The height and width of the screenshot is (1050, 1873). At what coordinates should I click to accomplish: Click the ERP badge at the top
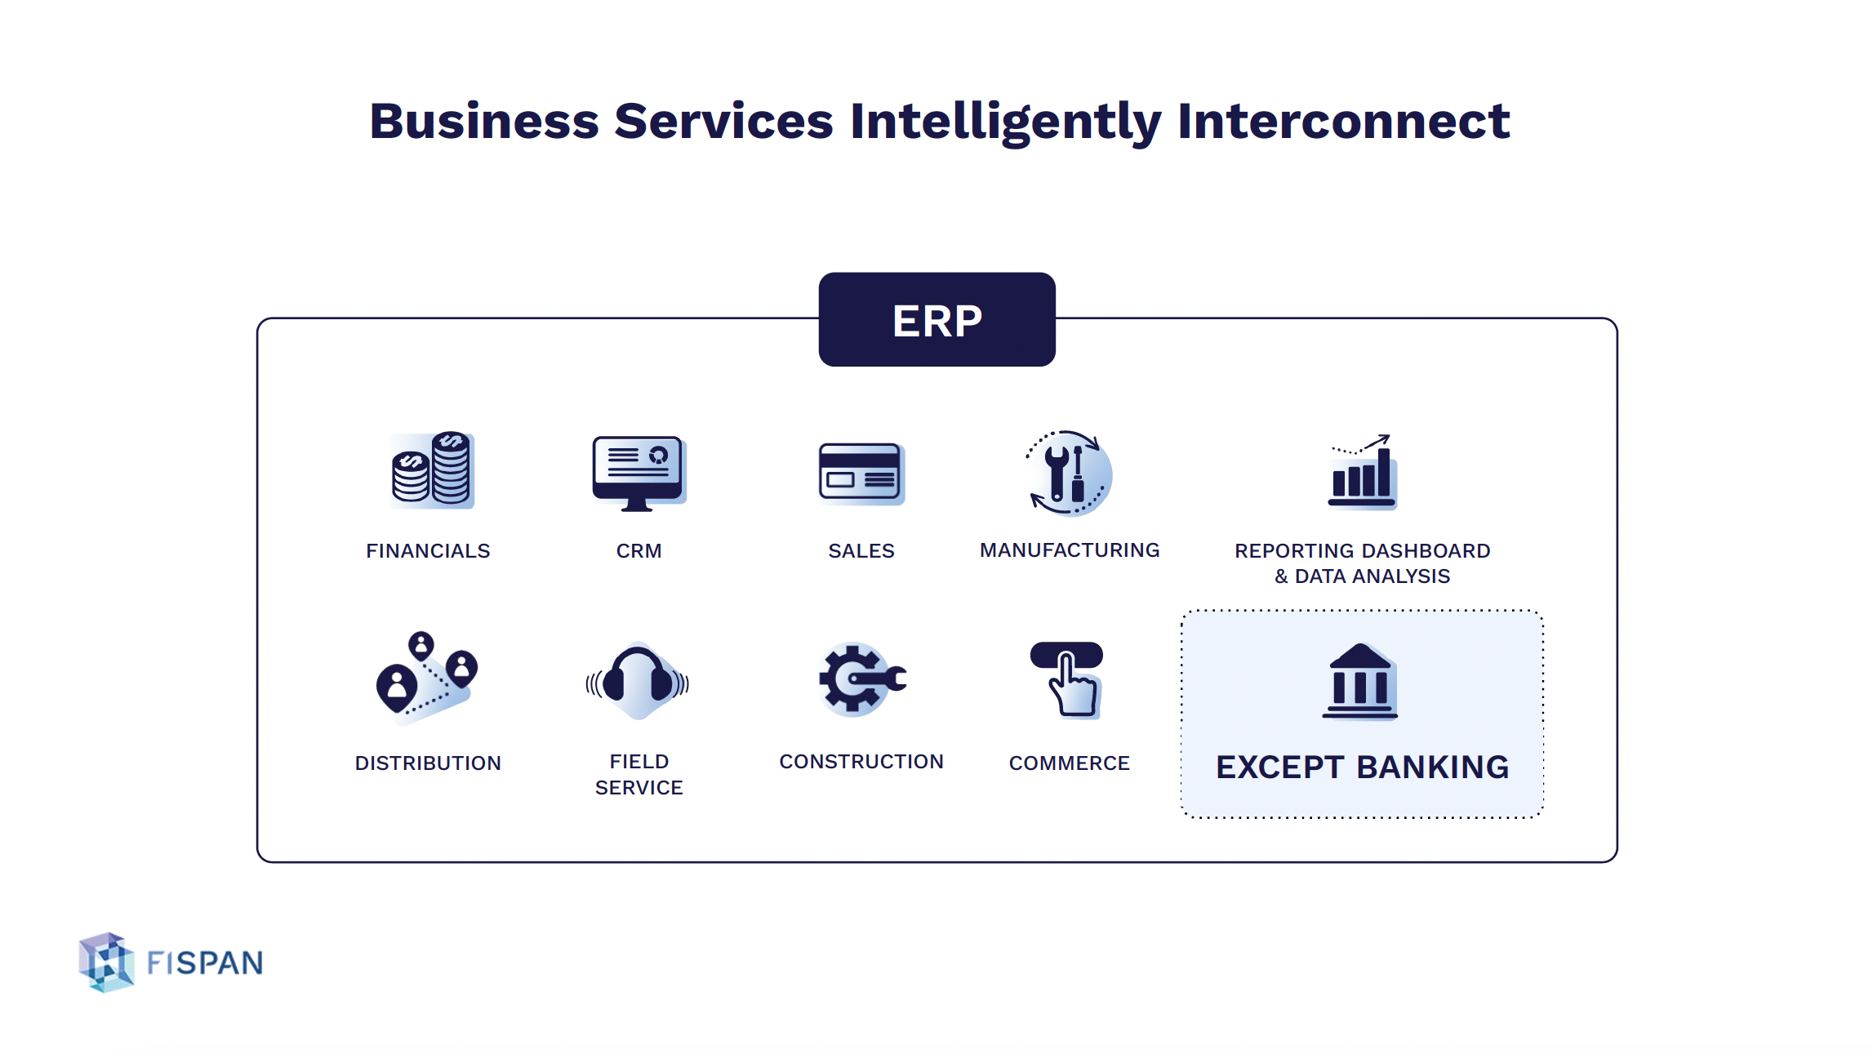coord(936,320)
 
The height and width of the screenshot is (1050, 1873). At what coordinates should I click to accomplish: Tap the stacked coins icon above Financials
coord(432,470)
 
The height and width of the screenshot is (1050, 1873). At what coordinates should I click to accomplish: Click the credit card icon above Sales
coord(861,473)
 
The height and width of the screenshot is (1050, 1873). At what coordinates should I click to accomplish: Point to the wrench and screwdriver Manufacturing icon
coord(1069,474)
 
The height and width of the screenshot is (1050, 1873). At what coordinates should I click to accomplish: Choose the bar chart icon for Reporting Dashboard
coord(1362,474)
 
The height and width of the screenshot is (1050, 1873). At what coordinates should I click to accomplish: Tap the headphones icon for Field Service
coord(638,681)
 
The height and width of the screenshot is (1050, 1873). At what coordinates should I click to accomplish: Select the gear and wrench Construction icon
coord(861,679)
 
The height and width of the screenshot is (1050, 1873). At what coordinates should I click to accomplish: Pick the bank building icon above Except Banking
coord(1360,682)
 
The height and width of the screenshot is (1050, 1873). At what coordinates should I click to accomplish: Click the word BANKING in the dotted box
coord(1433,767)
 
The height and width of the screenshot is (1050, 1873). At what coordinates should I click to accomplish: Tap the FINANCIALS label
coord(428,551)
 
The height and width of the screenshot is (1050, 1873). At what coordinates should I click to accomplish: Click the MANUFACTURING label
coord(1070,550)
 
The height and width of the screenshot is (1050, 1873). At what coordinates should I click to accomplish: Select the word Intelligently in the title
coord(1005,122)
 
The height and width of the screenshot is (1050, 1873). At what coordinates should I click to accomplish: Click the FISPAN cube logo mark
coord(107,963)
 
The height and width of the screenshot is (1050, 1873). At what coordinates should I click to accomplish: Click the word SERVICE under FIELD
coord(638,788)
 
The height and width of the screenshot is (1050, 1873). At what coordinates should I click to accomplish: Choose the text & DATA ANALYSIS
coord(1362,576)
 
